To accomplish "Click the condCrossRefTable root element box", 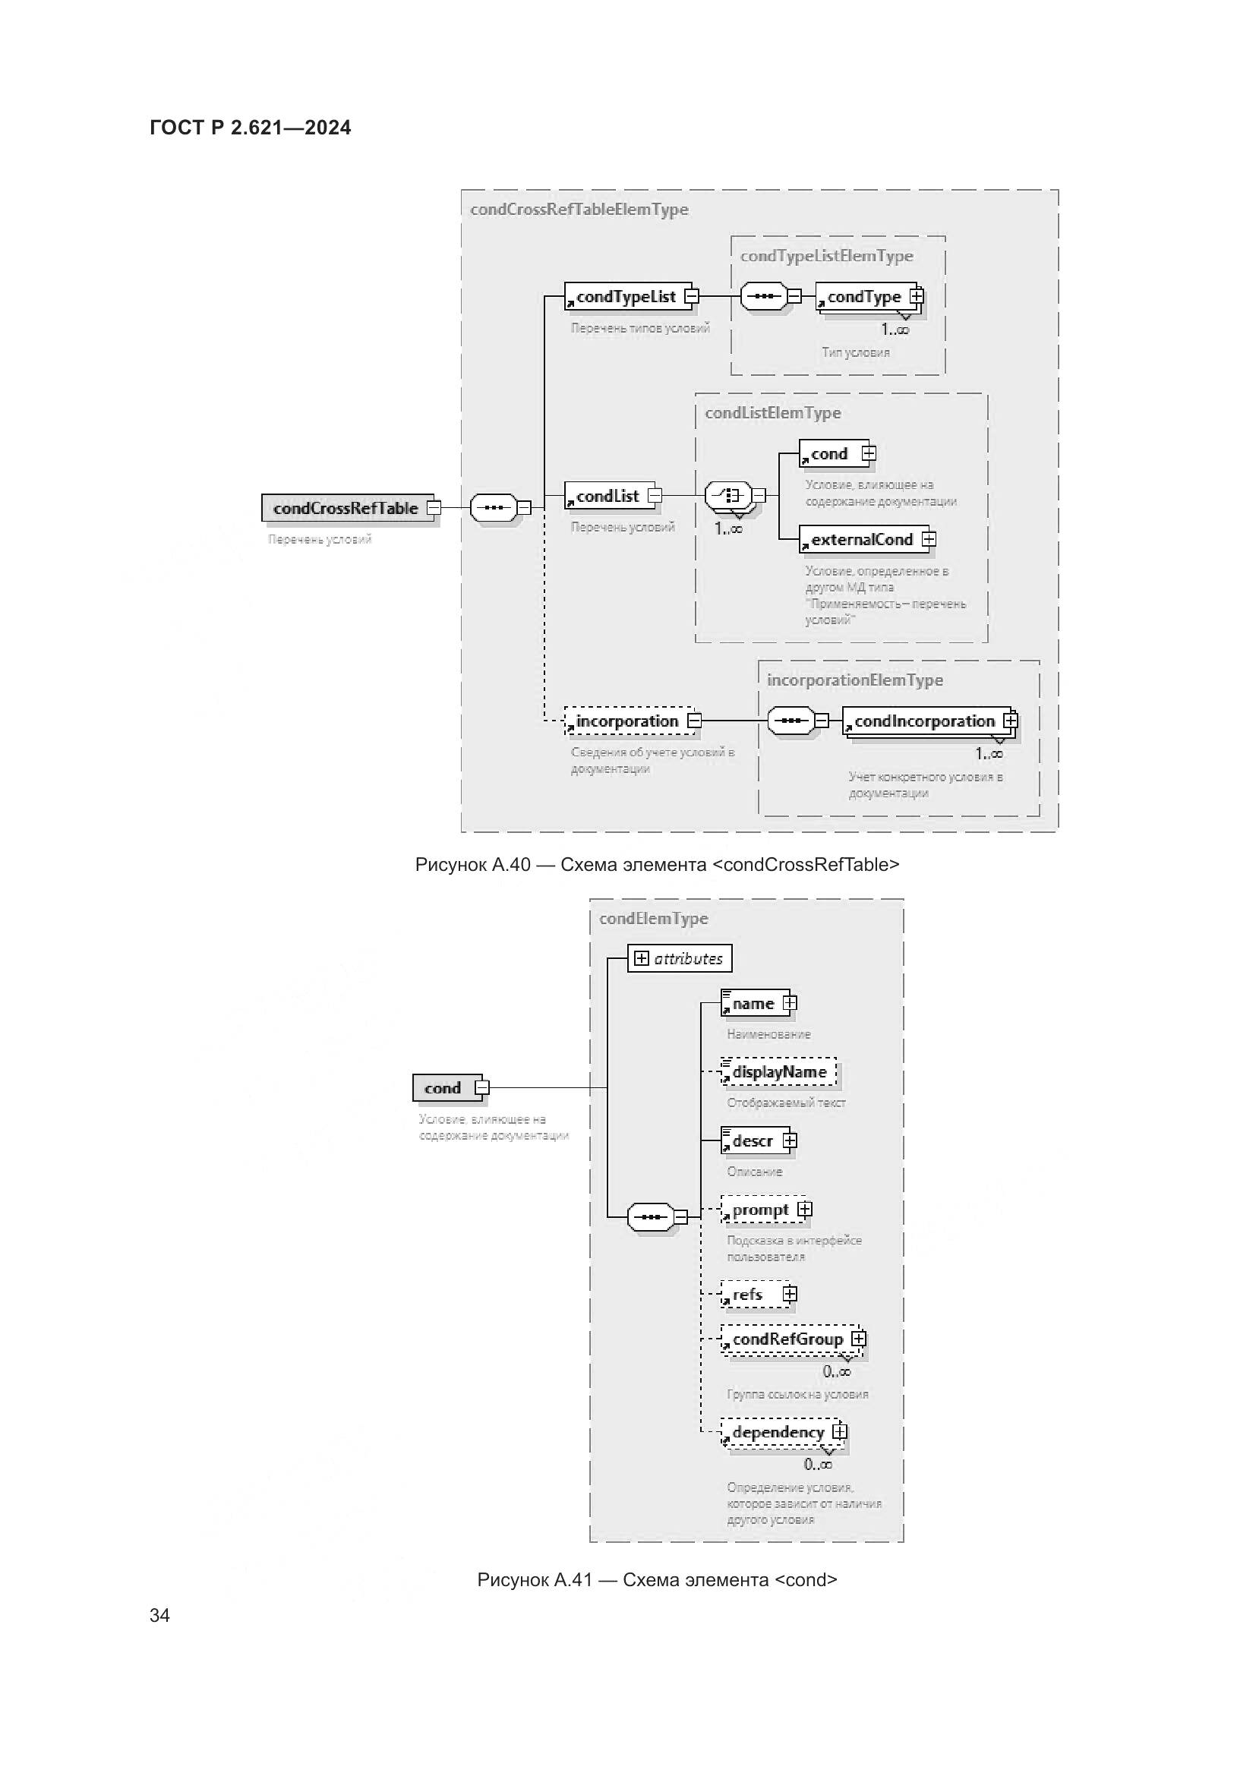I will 346,508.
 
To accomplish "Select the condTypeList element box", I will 626,296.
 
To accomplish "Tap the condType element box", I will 864,297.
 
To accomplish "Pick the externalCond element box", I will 862,539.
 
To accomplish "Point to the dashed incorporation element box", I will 627,721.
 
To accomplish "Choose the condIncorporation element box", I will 924,721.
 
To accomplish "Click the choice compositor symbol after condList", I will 727,495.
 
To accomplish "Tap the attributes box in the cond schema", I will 679,958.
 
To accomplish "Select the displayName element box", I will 779,1072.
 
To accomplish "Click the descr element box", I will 753,1141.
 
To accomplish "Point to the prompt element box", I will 760,1210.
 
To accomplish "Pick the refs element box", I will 748,1295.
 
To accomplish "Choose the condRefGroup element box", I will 787,1339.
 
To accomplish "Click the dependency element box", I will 778,1432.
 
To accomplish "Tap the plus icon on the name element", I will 789,1003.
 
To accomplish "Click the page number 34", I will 159,1614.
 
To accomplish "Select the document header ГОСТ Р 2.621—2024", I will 250,128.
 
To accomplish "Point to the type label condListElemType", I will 772,413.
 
